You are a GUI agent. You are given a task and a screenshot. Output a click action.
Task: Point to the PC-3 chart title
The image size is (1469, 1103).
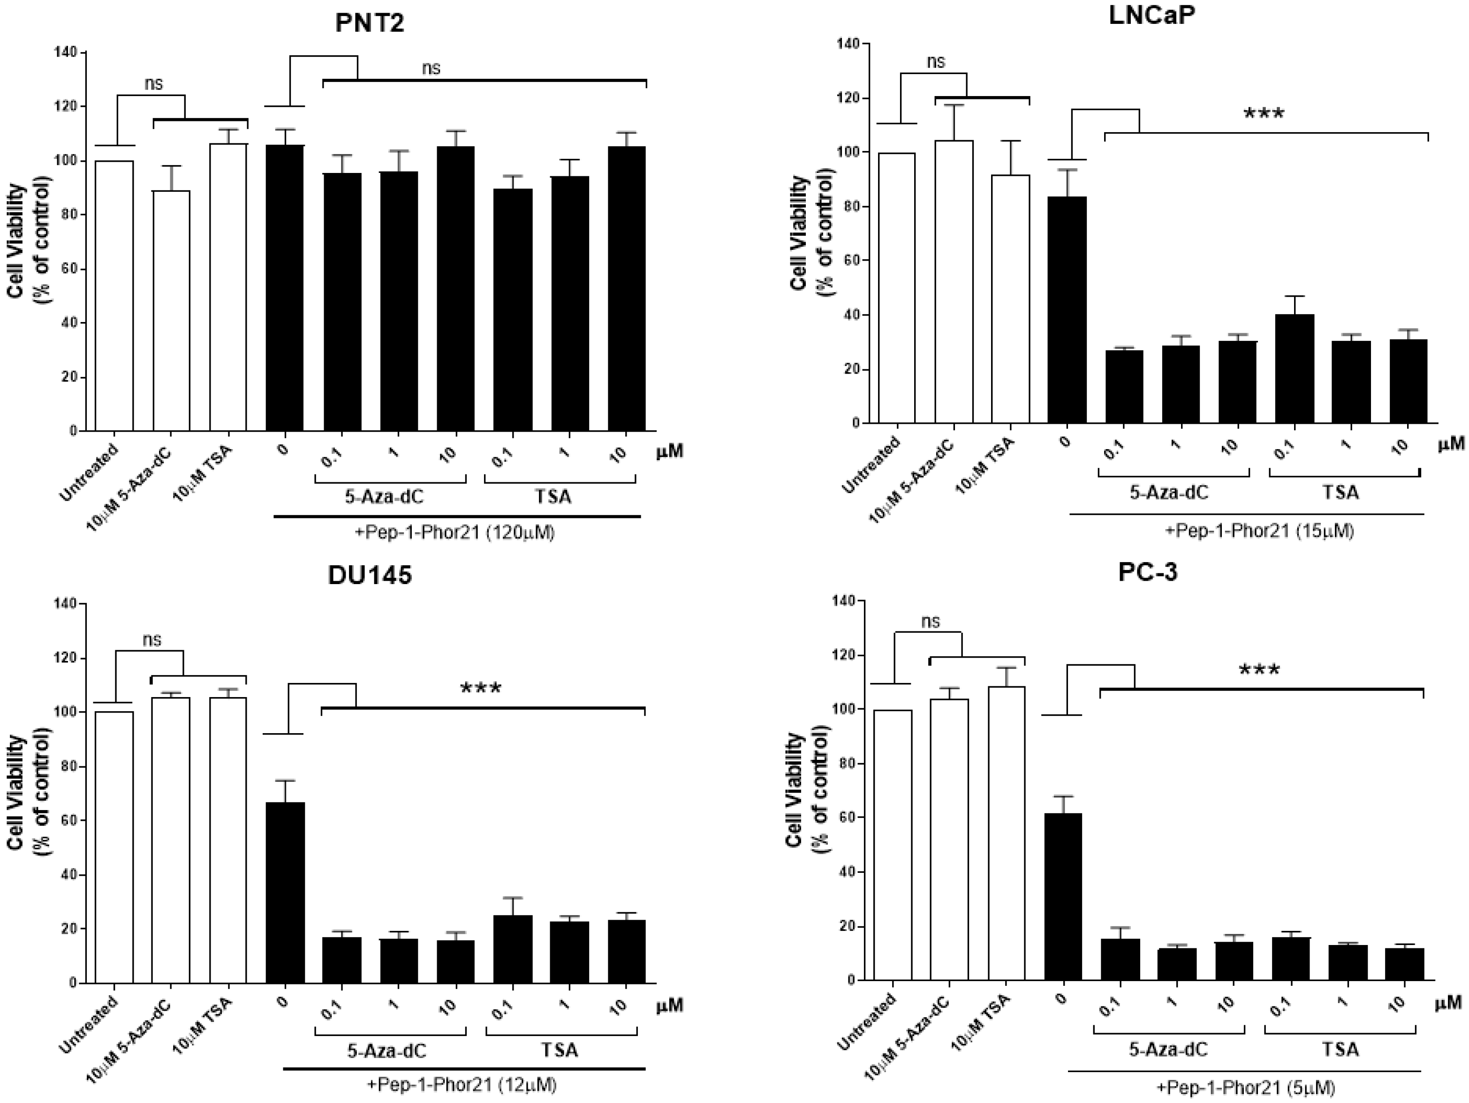(x=1148, y=572)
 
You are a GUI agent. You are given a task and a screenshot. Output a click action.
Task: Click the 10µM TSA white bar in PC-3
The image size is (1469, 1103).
(x=1006, y=833)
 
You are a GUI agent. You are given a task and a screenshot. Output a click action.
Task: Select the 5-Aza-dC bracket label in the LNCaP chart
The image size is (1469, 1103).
(x=1169, y=492)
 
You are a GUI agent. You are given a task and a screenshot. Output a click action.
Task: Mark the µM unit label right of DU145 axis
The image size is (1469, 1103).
(x=669, y=1006)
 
